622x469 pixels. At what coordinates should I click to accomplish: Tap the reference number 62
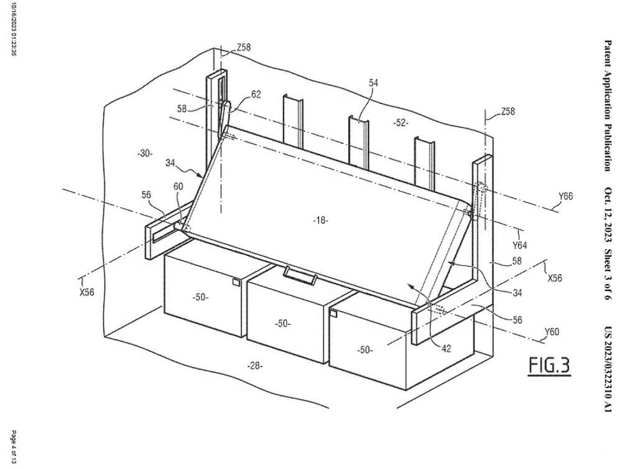[256, 95]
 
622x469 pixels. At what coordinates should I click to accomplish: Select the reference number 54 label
[373, 83]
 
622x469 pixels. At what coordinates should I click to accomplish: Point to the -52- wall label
[401, 123]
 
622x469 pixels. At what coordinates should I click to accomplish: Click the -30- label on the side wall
[145, 153]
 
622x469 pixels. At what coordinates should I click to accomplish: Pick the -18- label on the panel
[320, 220]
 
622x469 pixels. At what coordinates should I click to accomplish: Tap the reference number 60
[178, 186]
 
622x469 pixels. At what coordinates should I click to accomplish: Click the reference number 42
[446, 349]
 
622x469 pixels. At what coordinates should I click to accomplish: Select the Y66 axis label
[565, 196]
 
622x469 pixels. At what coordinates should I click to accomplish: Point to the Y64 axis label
[519, 245]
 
